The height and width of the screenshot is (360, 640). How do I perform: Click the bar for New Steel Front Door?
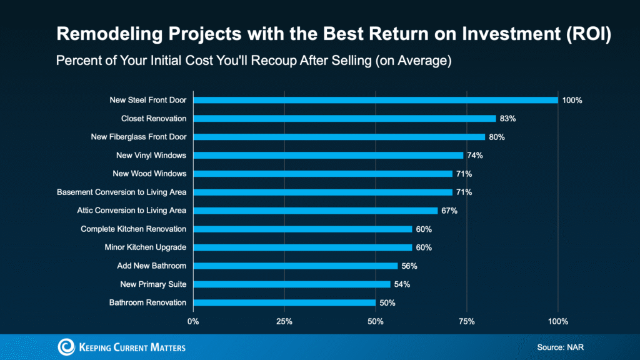click(375, 100)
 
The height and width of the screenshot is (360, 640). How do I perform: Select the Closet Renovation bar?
click(344, 118)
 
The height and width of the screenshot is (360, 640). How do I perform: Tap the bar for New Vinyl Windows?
click(328, 155)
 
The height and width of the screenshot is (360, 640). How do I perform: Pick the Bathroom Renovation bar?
click(284, 302)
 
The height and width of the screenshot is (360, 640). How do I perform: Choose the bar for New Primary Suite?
click(291, 284)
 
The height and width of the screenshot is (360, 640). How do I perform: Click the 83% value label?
click(507, 118)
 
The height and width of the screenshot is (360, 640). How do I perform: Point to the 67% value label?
click(449, 211)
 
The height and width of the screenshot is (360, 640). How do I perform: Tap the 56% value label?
click(409, 266)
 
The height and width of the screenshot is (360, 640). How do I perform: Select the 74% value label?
click(475, 155)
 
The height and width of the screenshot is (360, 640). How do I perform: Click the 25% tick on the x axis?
click(284, 321)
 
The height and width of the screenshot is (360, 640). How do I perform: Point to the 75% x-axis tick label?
click(467, 321)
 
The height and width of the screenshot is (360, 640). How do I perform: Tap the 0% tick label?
click(193, 321)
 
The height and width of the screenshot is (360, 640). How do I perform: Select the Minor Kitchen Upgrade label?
click(145, 247)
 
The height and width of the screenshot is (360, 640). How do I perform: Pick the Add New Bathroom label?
click(151, 266)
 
